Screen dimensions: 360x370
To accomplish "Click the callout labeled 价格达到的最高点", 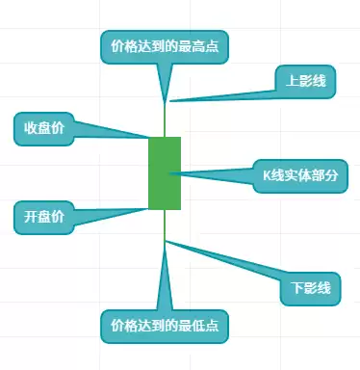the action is pyautogui.click(x=165, y=46).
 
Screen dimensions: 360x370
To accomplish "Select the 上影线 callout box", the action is pyautogui.click(x=305, y=81).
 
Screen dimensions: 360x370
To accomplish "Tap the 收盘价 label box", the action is pyautogui.click(x=43, y=129).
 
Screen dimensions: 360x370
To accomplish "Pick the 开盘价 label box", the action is pyautogui.click(x=43, y=217).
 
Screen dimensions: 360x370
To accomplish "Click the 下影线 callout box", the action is pyautogui.click(x=310, y=288).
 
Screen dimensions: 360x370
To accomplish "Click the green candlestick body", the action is pyautogui.click(x=165, y=172).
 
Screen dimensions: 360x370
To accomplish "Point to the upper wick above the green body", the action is pyautogui.click(x=165, y=119).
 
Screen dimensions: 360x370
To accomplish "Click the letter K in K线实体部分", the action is pyautogui.click(x=267, y=175).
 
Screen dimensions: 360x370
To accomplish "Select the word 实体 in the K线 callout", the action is pyautogui.click(x=298, y=175).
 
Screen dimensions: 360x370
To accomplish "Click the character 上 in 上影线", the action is pyautogui.click(x=292, y=81).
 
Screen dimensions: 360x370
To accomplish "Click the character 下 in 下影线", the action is pyautogui.click(x=297, y=288).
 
